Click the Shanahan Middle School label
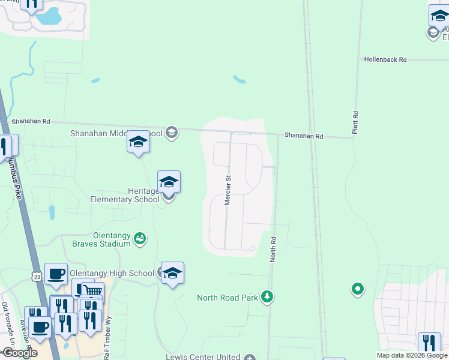pyautogui.click(x=116, y=133)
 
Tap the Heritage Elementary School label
pyautogui.click(x=125, y=195)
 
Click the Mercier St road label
pyautogui.click(x=228, y=190)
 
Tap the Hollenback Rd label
pyautogui.click(x=385, y=60)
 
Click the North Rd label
pyautogui.click(x=273, y=248)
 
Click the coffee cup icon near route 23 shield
pyautogui.click(x=56, y=274)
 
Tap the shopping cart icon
pyautogui.click(x=91, y=290)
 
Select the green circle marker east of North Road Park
pyautogui.click(x=358, y=290)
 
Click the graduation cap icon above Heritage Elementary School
pyautogui.click(x=169, y=182)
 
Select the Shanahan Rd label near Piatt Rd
pyautogui.click(x=304, y=136)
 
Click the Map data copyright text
pyautogui.click(x=412, y=355)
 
